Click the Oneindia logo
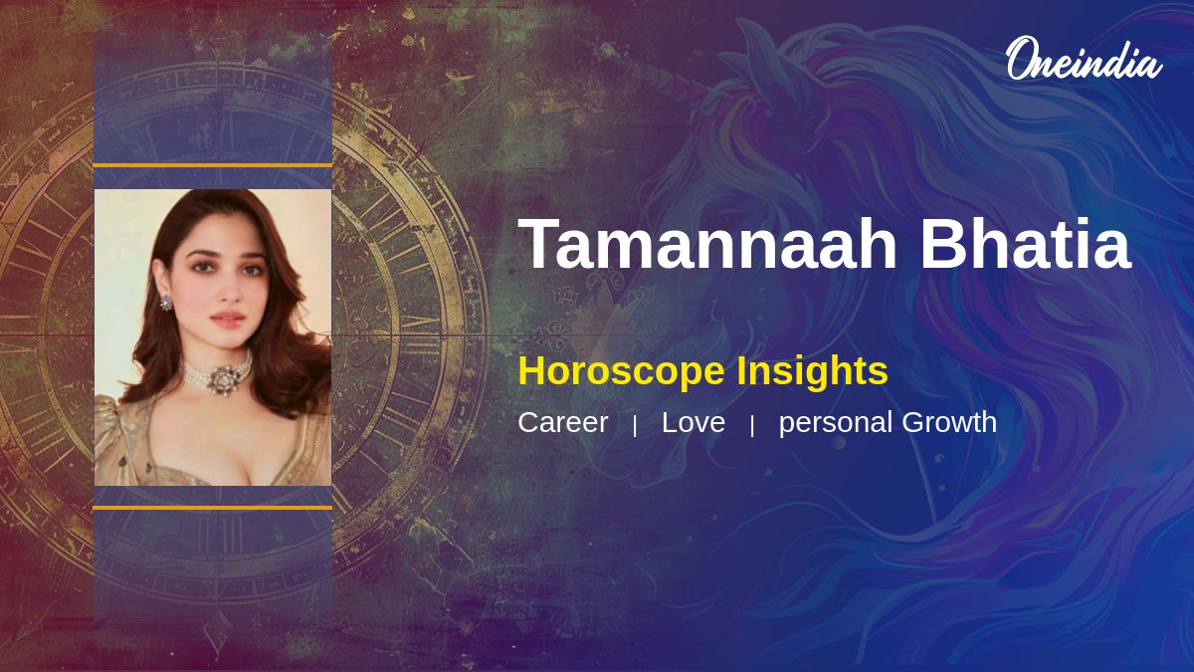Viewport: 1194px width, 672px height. (1085, 59)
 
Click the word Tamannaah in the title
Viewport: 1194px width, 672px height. (707, 243)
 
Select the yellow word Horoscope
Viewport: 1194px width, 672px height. (621, 371)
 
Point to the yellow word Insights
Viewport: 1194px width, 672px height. (812, 371)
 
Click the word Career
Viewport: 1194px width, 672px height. (563, 422)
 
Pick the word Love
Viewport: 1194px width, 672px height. (693, 422)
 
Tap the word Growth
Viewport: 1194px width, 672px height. (949, 422)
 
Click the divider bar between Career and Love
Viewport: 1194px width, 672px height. (635, 426)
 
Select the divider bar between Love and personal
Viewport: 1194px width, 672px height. (752, 426)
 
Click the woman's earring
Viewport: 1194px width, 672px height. (166, 303)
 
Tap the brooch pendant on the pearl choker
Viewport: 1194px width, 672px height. (222, 379)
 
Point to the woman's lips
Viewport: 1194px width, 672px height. (228, 319)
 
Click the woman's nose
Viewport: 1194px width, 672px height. (229, 291)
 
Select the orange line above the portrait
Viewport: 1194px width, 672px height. (213, 165)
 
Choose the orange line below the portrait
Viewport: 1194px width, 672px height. (213, 508)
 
